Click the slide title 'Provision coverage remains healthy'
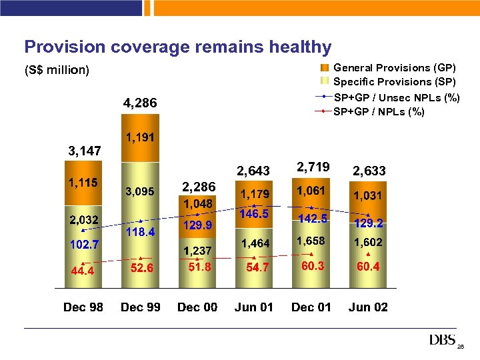tap(177, 47)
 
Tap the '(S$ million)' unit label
tap(57, 70)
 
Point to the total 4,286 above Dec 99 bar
tap(140, 103)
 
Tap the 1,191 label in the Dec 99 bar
tap(140, 137)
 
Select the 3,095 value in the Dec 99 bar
tap(140, 191)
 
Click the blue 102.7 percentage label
tap(83, 245)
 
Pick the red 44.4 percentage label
tap(83, 270)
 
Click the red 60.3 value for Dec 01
tap(311, 266)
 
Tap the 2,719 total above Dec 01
tap(311, 167)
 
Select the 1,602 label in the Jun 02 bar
tap(368, 243)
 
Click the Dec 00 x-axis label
tap(197, 307)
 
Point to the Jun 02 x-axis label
tap(368, 307)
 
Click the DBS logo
tap(443, 340)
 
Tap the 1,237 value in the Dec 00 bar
tap(197, 250)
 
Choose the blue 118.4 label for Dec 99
tap(140, 232)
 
